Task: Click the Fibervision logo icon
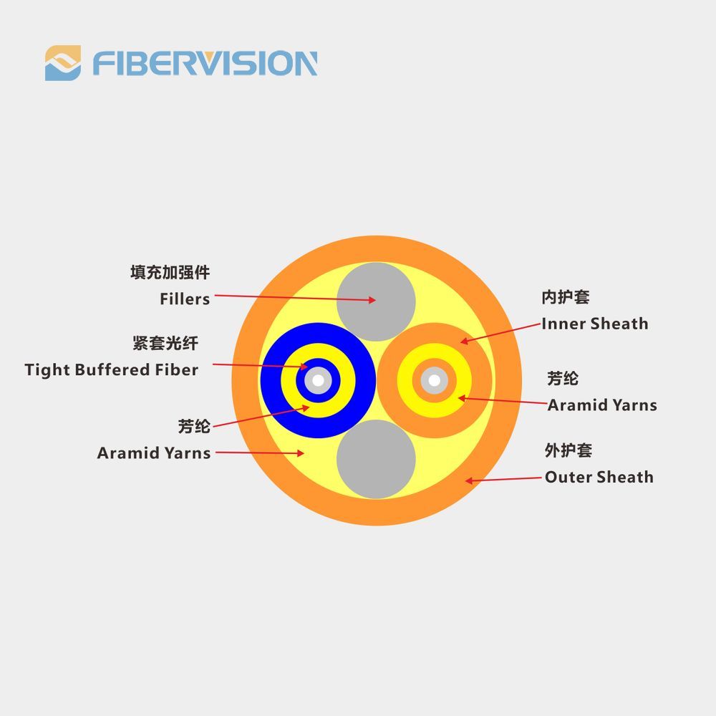63,63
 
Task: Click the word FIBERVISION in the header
205,63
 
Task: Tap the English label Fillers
185,299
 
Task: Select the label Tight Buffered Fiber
112,369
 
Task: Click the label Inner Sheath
594,324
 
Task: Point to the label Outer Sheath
599,477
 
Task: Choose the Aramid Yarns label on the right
602,405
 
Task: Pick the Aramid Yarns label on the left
154,453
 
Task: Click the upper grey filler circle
376,301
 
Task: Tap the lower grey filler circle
376,459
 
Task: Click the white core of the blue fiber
319,380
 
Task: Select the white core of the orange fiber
435,380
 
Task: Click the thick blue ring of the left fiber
271,380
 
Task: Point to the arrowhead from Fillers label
372,300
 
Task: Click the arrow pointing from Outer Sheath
503,480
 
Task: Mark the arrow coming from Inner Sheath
500,333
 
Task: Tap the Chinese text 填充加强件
170,272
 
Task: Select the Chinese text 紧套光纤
165,343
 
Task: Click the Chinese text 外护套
569,450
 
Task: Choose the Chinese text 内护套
566,297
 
